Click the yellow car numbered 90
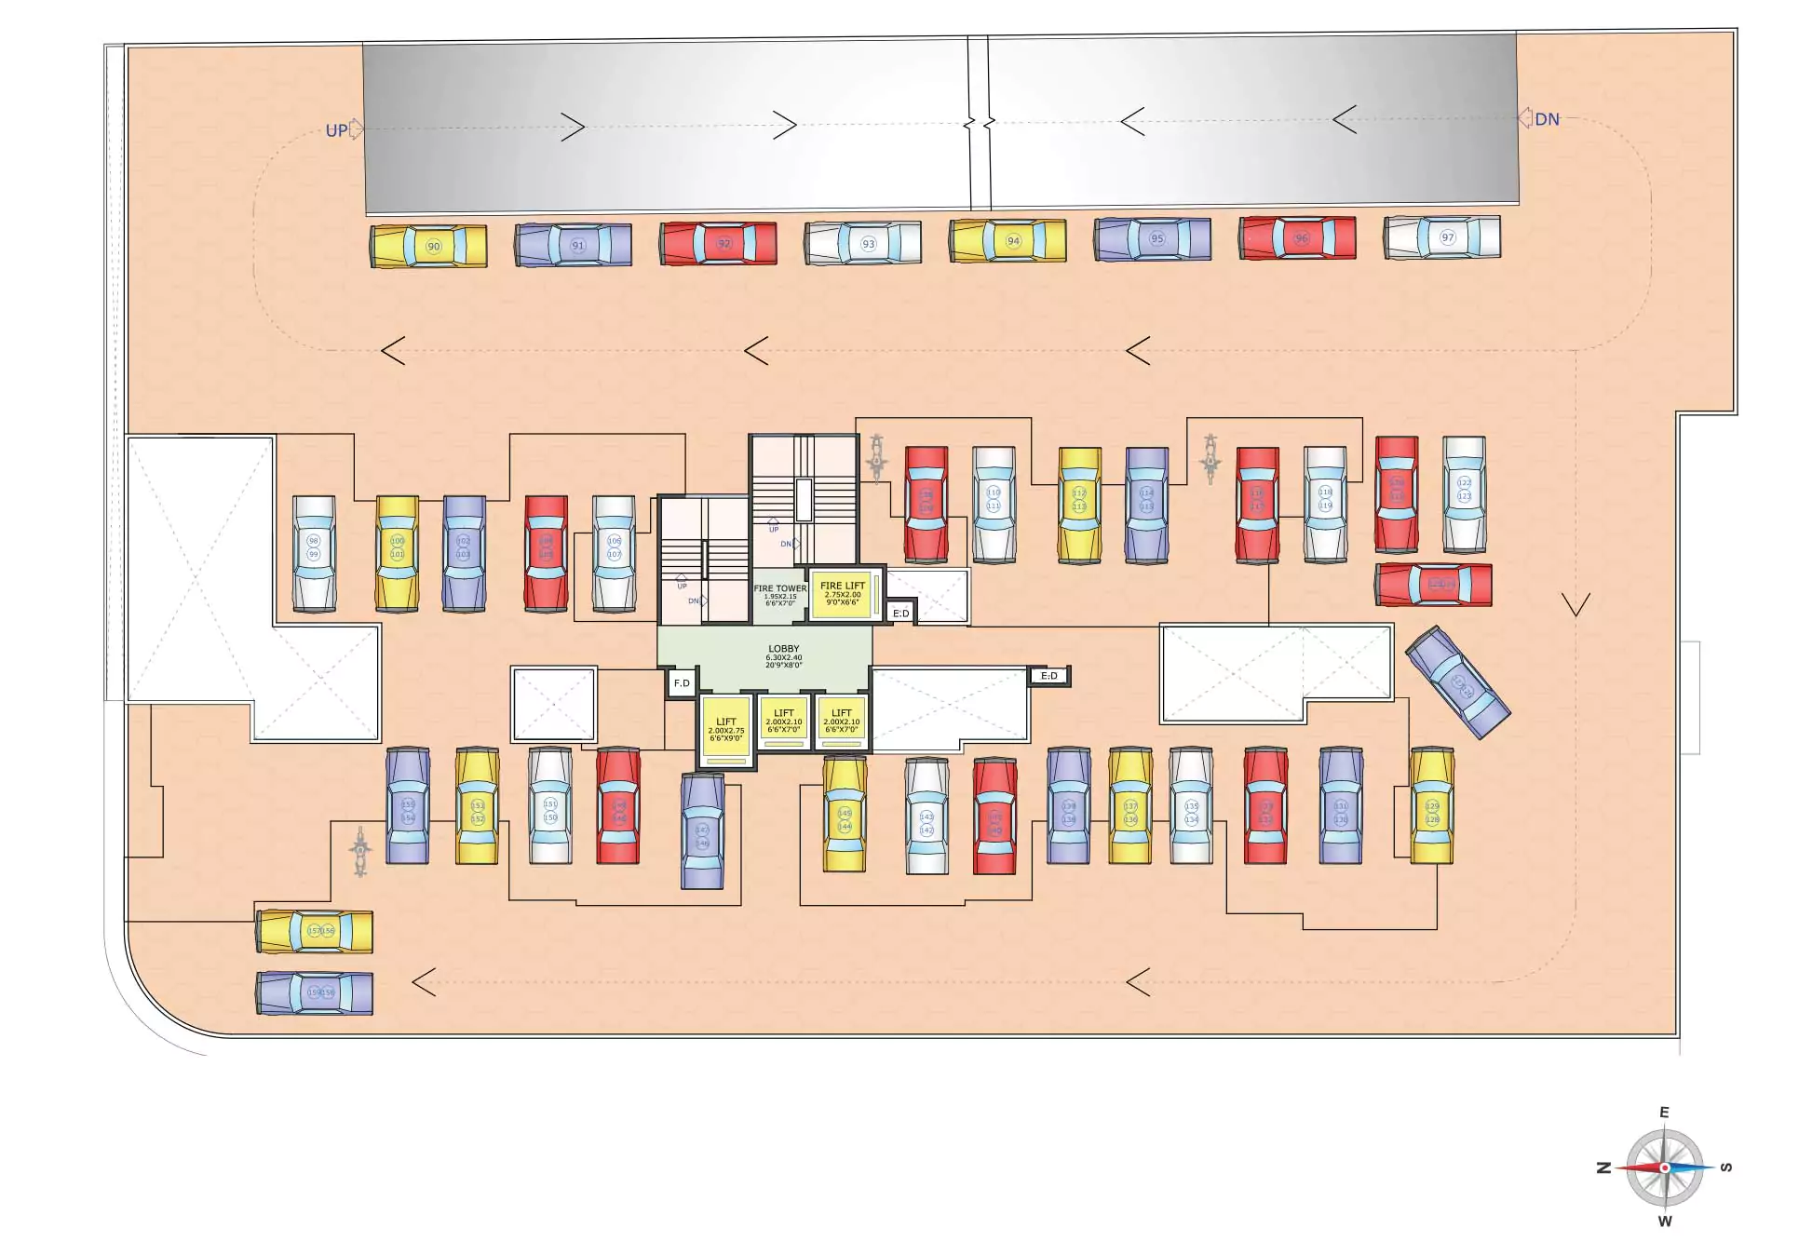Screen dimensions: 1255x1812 click(428, 247)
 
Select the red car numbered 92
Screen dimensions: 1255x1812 click(718, 244)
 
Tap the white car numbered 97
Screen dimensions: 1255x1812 click(1441, 237)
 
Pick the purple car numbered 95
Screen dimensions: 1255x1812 click(1153, 239)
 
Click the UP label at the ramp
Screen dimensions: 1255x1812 click(336, 131)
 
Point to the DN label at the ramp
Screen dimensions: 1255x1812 click(1547, 120)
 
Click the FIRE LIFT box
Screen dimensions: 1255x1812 click(843, 594)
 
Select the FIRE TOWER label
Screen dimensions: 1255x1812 click(780, 589)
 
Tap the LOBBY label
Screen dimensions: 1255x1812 click(783, 649)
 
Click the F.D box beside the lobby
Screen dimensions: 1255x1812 click(682, 683)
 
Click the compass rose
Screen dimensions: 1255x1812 click(1665, 1167)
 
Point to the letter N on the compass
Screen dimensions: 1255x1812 click(1603, 1167)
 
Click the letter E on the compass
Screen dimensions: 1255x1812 click(1664, 1113)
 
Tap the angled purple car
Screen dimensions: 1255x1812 click(1457, 682)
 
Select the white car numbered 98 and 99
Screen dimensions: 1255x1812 click(314, 554)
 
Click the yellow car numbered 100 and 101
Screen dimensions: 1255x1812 click(398, 554)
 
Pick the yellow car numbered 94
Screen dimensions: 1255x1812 click(1007, 241)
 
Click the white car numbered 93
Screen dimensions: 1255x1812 click(863, 244)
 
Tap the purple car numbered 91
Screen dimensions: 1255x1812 click(573, 246)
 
